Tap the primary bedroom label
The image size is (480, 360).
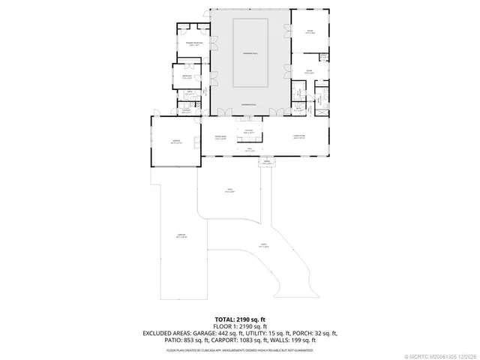(x=194, y=44)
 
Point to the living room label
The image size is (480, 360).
(x=298, y=137)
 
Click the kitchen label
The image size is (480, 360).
(x=247, y=132)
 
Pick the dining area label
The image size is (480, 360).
(x=220, y=137)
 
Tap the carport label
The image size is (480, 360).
(x=181, y=237)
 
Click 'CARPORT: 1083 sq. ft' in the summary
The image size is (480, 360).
(x=236, y=340)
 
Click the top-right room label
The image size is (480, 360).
(x=309, y=31)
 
